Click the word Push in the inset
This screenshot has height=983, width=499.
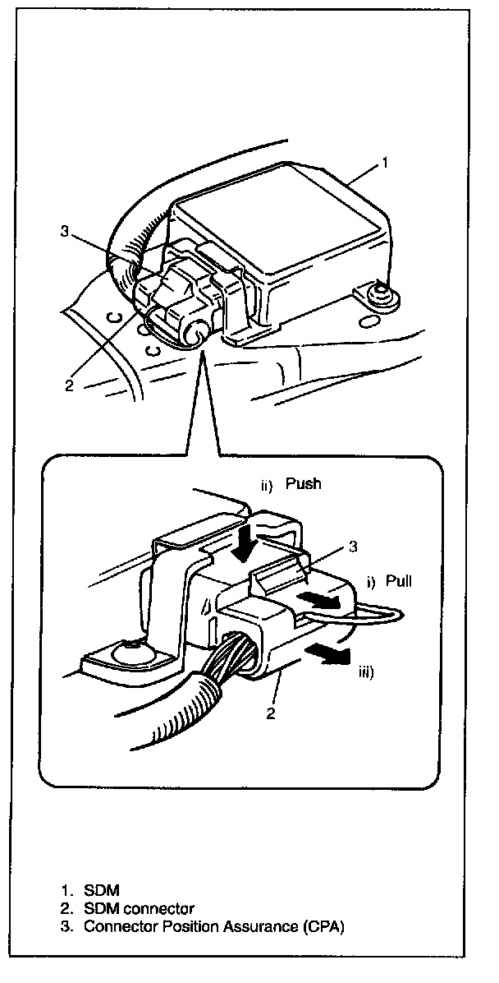[304, 484]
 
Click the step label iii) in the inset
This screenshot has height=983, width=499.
[366, 671]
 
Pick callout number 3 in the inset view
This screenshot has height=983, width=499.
[352, 545]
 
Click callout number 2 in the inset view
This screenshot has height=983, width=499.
[269, 713]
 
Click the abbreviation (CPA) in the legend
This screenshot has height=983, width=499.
[318, 926]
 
